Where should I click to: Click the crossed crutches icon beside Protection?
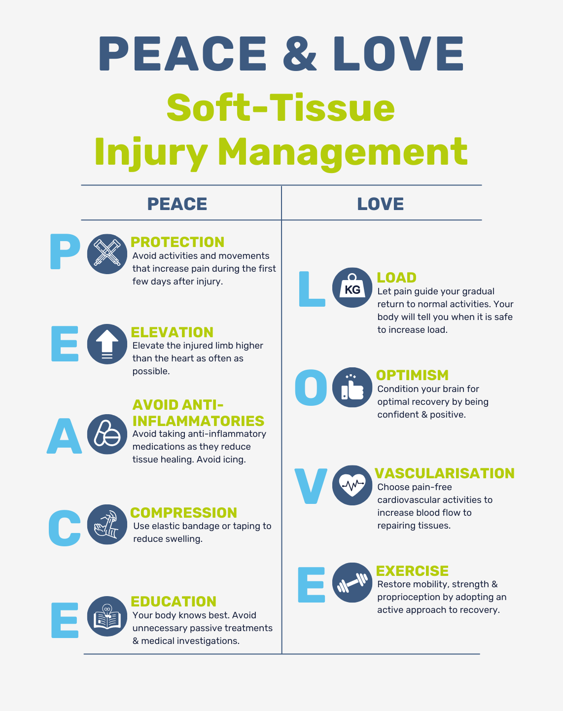[x=107, y=254]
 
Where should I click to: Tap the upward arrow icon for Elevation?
[x=107, y=344]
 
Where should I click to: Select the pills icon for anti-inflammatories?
[x=107, y=434]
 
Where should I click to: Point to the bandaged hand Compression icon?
[x=107, y=524]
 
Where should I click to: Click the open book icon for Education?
[x=107, y=616]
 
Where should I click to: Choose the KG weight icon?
[x=352, y=287]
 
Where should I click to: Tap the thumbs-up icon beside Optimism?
[x=352, y=388]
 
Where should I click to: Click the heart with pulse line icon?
[x=352, y=485]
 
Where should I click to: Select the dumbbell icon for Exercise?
[x=352, y=582]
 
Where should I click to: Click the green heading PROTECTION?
[x=177, y=242]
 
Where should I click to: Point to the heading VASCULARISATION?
[x=444, y=473]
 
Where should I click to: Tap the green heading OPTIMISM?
[x=412, y=375]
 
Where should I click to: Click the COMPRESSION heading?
[x=183, y=513]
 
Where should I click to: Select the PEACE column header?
[x=177, y=204]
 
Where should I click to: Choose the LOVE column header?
[x=380, y=204]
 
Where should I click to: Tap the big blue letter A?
[x=64, y=436]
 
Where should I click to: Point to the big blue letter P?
[x=65, y=252]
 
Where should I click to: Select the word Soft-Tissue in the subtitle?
[x=281, y=108]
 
